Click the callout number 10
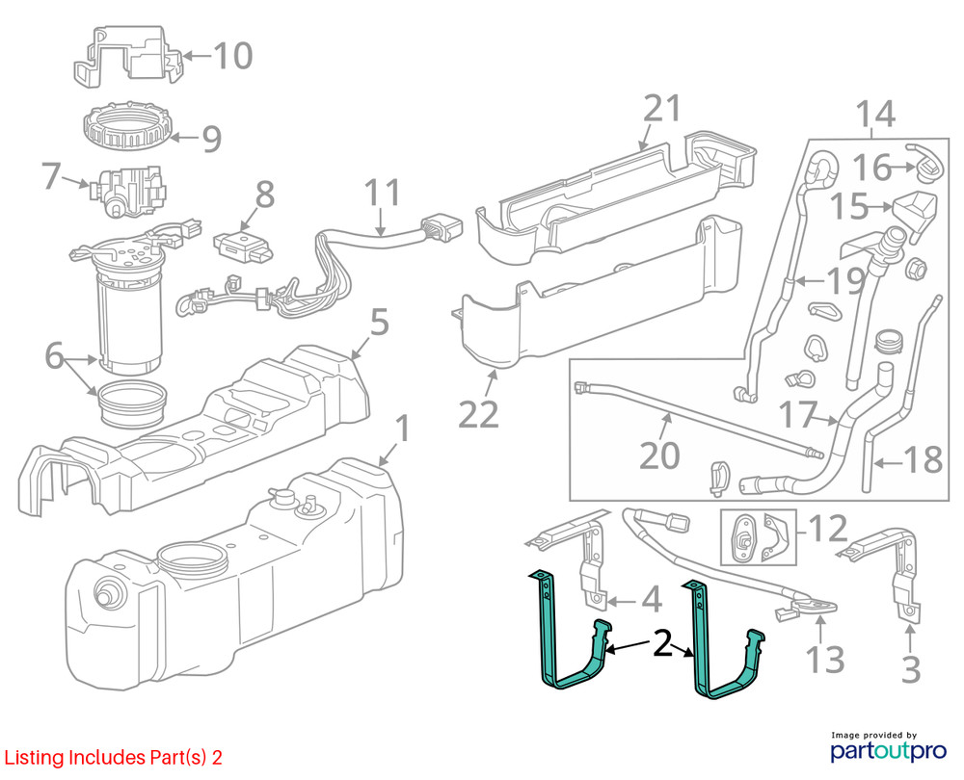pos(232,55)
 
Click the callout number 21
pos(661,109)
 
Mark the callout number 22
pos(478,413)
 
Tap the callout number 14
pos(875,114)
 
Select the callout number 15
pos(849,206)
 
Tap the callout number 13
pos(824,661)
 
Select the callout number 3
pos(911,666)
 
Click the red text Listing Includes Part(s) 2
pos(113,758)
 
